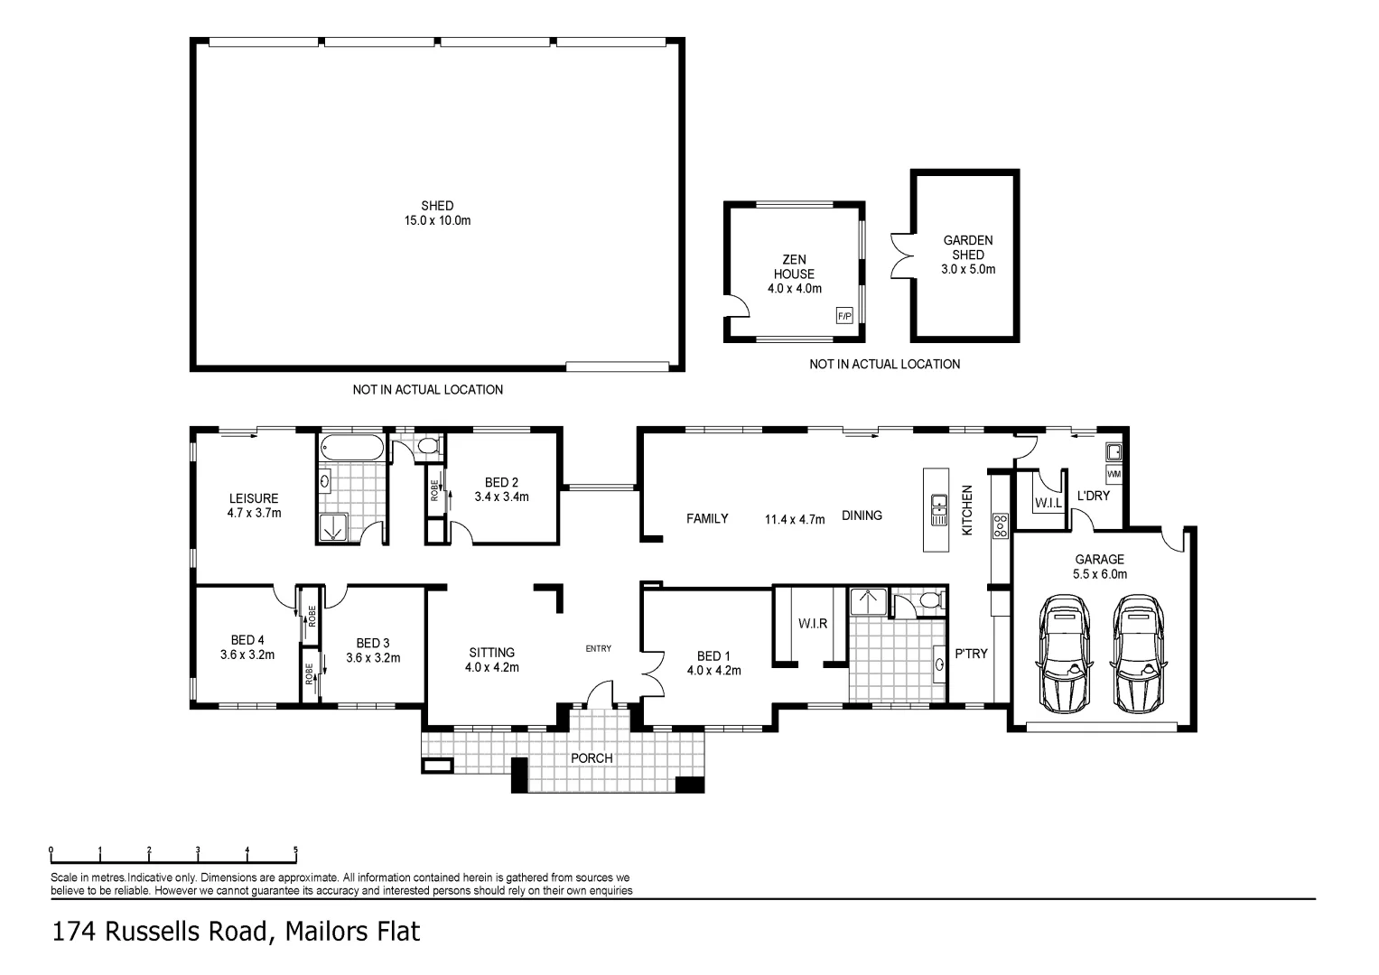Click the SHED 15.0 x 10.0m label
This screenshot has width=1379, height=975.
click(437, 213)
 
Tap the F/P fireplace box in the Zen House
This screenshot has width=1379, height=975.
click(844, 316)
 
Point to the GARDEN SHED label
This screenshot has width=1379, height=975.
click(967, 255)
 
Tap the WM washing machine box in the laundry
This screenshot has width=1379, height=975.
click(1113, 474)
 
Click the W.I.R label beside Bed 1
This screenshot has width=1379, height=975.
click(812, 624)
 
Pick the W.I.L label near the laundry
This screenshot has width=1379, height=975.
click(1048, 503)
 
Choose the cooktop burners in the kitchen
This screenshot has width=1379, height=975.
click(1000, 526)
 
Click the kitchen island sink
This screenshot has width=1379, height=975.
click(939, 510)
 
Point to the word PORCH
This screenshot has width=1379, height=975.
click(592, 758)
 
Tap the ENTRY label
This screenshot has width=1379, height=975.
click(598, 648)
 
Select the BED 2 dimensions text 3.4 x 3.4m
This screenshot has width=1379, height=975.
click(501, 497)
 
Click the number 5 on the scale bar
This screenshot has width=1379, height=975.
click(295, 850)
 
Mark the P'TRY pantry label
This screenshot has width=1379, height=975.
click(972, 654)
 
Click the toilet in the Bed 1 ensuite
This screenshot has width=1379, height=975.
click(927, 600)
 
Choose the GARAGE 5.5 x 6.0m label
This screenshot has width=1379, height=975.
click(1099, 566)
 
